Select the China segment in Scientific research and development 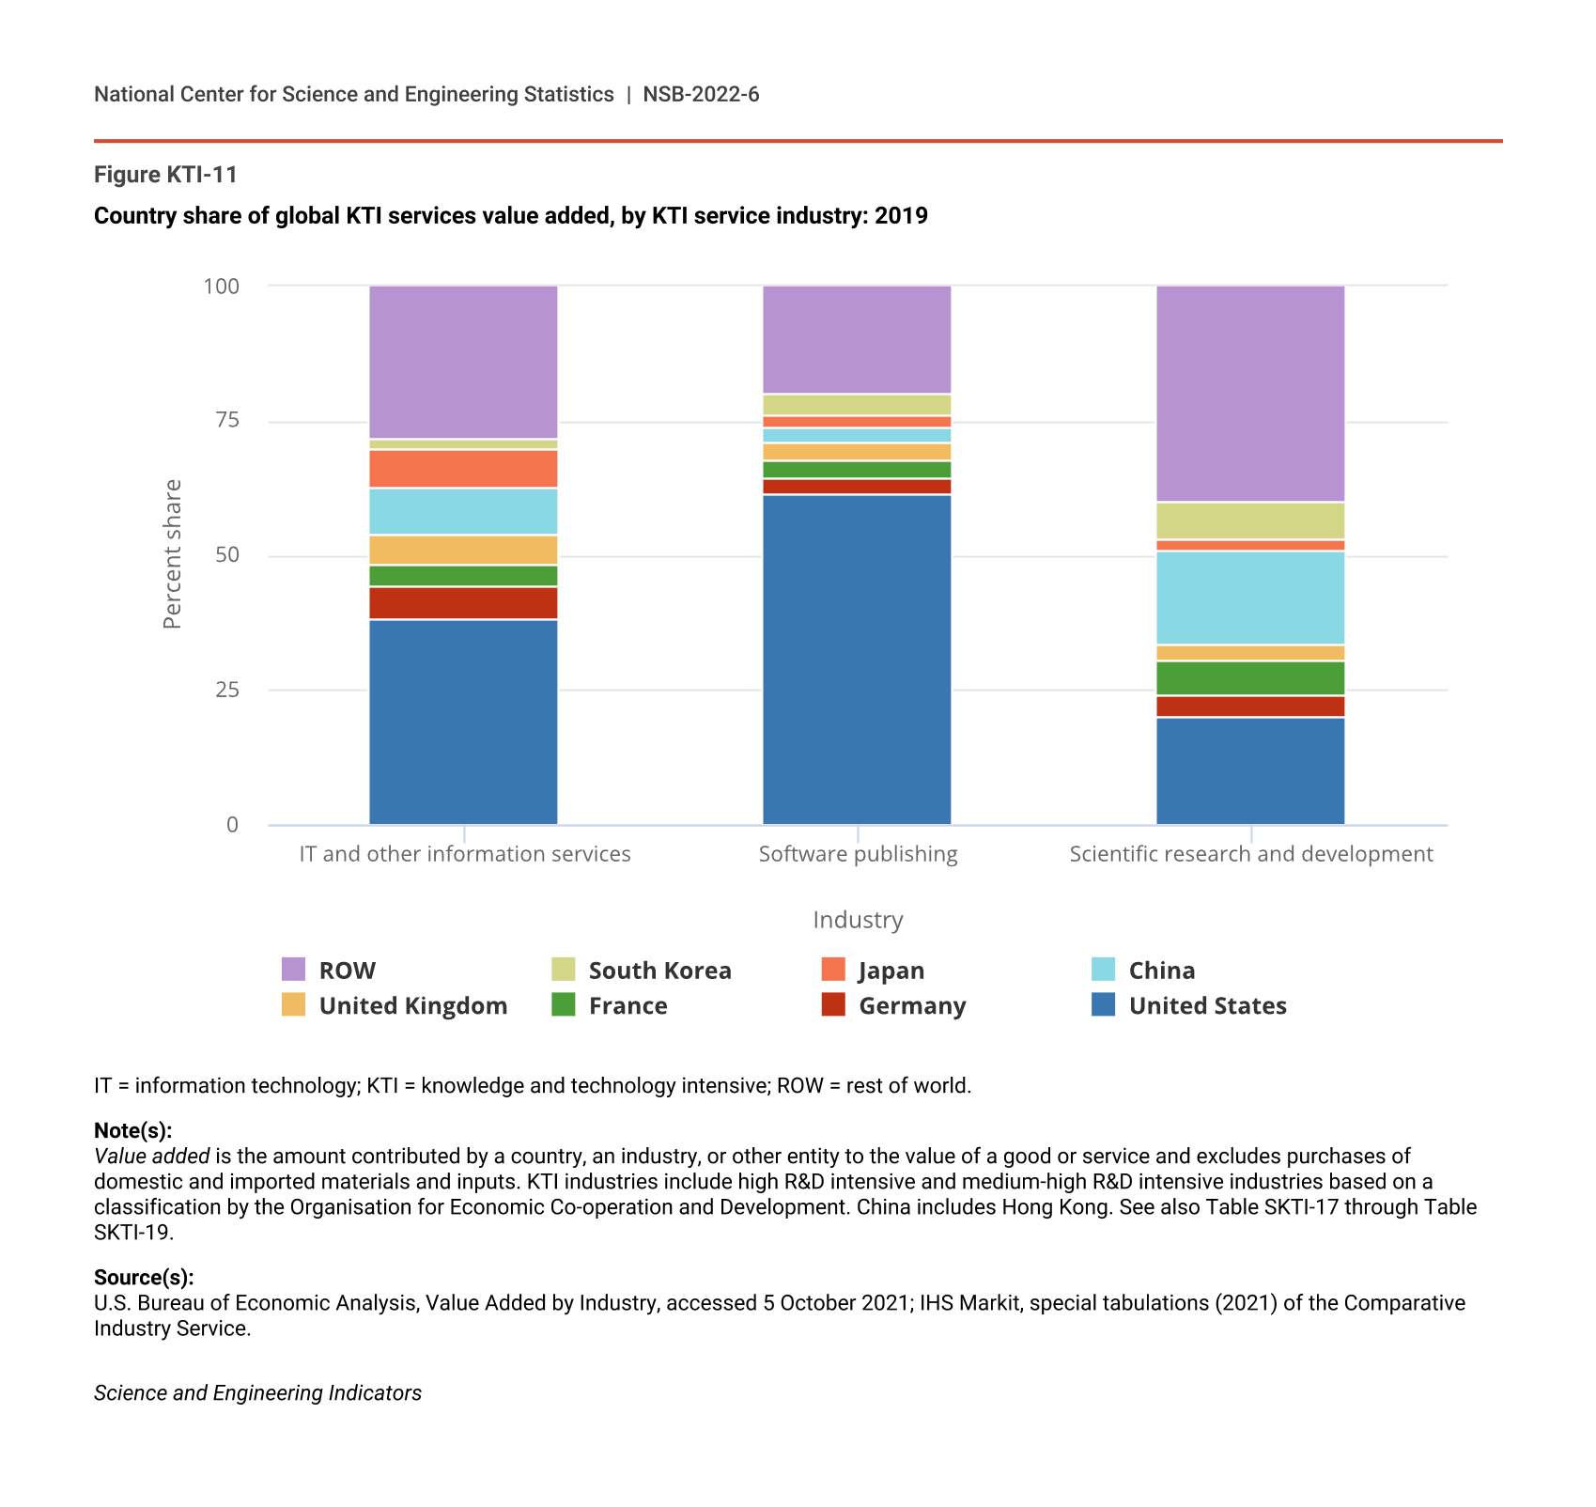click(x=1250, y=598)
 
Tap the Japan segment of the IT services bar click(x=463, y=468)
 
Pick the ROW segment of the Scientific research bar click(x=1250, y=393)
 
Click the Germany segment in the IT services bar click(x=463, y=603)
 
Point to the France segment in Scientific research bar click(x=1250, y=678)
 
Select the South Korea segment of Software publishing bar click(x=857, y=405)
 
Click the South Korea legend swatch click(x=564, y=970)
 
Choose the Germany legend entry click(x=911, y=1005)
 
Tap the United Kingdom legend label click(x=413, y=1005)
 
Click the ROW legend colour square click(x=294, y=970)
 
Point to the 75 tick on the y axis click(x=227, y=420)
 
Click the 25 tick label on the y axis click(x=227, y=691)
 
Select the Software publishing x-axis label click(x=858, y=854)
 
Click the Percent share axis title click(x=172, y=554)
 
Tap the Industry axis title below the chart click(x=858, y=920)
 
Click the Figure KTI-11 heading click(x=166, y=175)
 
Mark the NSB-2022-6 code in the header click(x=701, y=94)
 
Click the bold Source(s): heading click(x=144, y=1277)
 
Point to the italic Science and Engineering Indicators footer click(x=257, y=1392)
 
